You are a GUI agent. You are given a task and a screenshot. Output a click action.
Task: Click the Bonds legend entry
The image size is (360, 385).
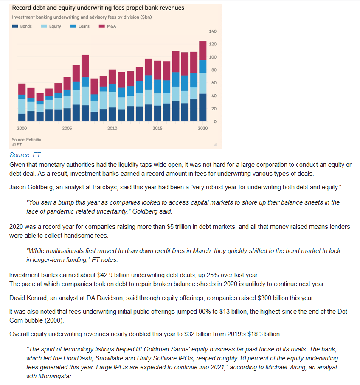pos(22,26)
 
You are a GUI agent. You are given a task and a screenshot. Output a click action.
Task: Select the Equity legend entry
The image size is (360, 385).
pos(51,26)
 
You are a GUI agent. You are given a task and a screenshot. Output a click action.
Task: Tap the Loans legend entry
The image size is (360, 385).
pos(80,26)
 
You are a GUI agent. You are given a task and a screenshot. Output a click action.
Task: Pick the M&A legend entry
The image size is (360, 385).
pos(107,26)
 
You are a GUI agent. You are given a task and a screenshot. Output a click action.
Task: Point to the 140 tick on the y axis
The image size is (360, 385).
pos(213,31)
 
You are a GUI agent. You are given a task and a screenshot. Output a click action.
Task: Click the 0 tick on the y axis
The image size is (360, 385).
pos(215,121)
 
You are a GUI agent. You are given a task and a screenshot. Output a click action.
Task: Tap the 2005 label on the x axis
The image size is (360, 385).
pos(67,128)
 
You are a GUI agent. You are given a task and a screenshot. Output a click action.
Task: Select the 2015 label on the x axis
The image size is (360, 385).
pos(157,128)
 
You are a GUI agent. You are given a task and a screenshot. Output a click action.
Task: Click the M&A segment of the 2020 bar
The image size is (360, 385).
pos(202,51)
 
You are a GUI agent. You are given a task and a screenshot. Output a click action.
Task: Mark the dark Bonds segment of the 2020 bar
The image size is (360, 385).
pos(202,107)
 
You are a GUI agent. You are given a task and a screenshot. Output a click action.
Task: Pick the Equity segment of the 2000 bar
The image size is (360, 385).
pos(22,106)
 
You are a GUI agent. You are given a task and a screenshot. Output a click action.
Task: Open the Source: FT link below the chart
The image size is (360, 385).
pos(25,155)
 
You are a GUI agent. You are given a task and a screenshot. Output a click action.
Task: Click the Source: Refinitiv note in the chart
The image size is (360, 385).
pos(26,140)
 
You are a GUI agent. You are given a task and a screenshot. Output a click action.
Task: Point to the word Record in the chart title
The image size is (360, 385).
pos(21,8)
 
